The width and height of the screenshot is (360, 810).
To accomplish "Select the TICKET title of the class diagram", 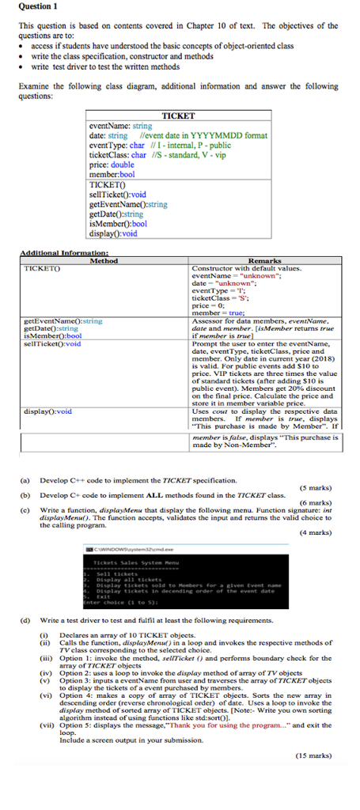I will click(178, 115).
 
